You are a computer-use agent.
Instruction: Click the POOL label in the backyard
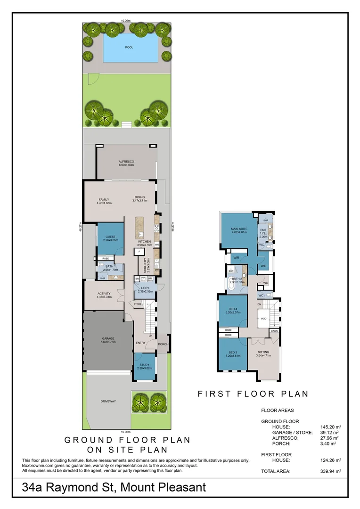(x=129, y=48)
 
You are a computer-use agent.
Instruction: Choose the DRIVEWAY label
(x=108, y=402)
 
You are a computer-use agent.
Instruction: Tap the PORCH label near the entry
(x=163, y=344)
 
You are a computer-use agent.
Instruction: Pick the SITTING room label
(x=263, y=354)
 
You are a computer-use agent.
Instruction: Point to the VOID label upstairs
(x=263, y=319)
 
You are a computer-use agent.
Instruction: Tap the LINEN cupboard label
(x=274, y=331)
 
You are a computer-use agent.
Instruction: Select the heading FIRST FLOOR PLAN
(x=253, y=394)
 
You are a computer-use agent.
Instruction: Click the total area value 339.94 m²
(x=330, y=471)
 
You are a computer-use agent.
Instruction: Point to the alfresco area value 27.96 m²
(x=330, y=437)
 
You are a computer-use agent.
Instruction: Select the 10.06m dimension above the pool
(x=125, y=21)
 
